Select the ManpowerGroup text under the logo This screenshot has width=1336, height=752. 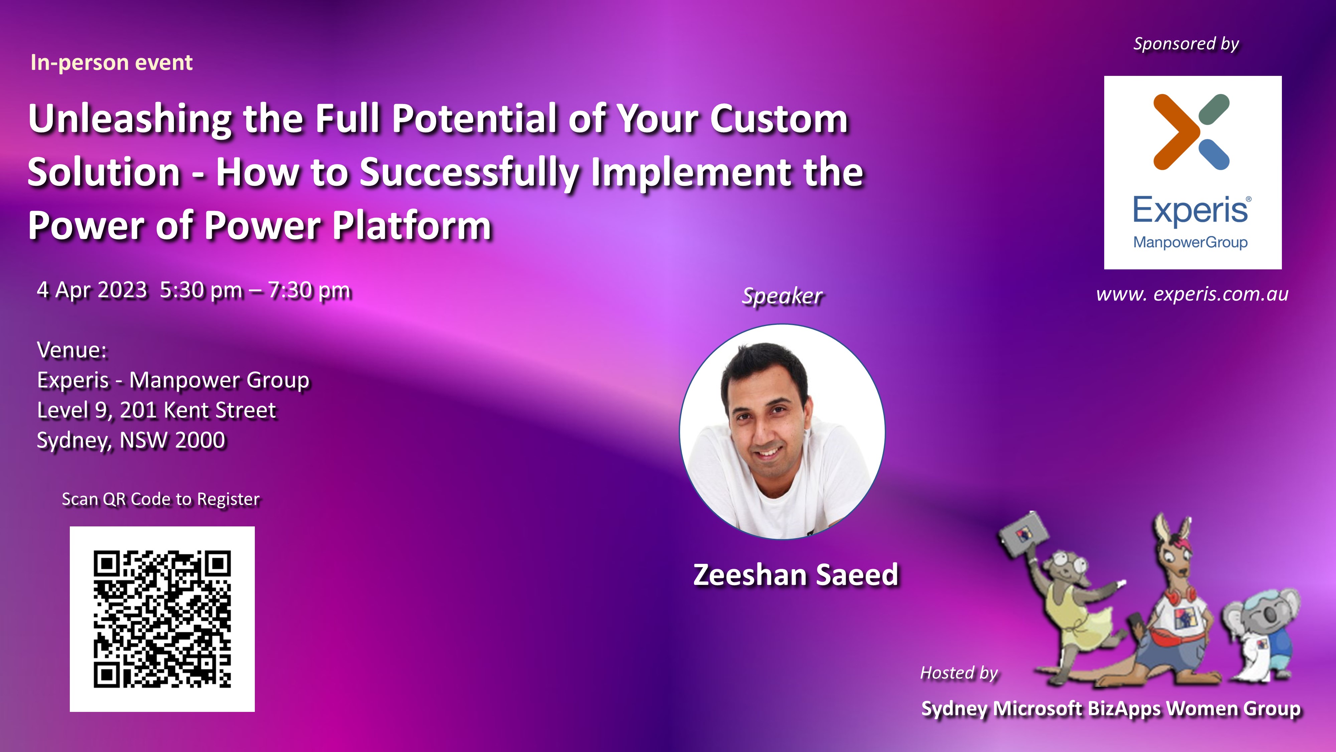[x=1190, y=242]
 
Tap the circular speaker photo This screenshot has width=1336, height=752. [x=782, y=432]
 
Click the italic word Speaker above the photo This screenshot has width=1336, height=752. [x=782, y=296]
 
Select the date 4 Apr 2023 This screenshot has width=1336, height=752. [x=92, y=289]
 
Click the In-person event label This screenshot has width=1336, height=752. [x=112, y=63]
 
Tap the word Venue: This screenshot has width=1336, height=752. [x=72, y=350]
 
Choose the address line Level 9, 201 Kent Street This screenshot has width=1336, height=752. [x=157, y=410]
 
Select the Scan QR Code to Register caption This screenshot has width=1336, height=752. [x=161, y=499]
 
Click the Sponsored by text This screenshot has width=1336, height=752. [x=1186, y=43]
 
